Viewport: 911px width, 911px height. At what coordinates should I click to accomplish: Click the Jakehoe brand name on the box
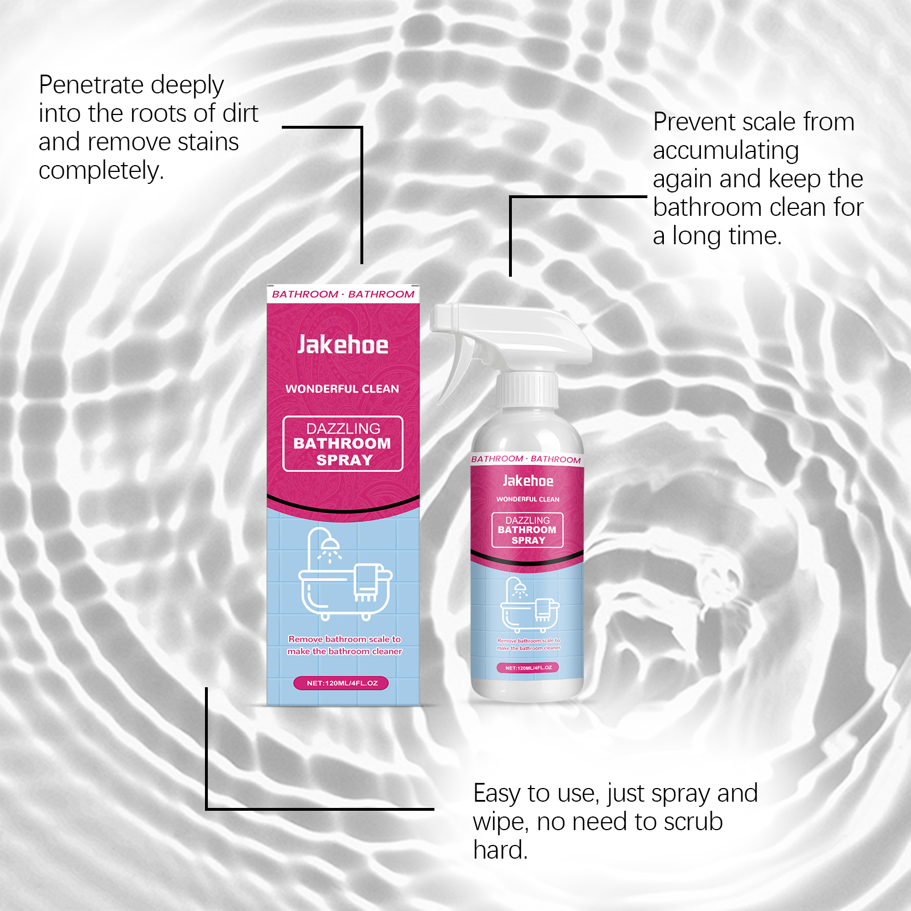point(343,345)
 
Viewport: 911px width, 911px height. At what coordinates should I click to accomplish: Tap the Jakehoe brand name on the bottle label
point(528,481)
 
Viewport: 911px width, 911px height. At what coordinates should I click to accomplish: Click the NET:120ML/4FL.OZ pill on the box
point(342,683)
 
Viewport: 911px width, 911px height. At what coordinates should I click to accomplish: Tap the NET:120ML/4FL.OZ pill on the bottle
point(528,667)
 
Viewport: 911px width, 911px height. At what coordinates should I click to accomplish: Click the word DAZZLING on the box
point(343,428)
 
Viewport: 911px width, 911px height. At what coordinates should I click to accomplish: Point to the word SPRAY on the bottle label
point(528,540)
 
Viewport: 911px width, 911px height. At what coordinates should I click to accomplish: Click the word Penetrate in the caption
point(89,85)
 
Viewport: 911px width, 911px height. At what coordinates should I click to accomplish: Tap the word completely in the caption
point(101,171)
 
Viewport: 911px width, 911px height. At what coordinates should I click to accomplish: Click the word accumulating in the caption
point(725,151)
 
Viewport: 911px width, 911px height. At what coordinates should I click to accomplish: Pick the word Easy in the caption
point(496,793)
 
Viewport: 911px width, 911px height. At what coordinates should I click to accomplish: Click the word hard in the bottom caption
point(499,850)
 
